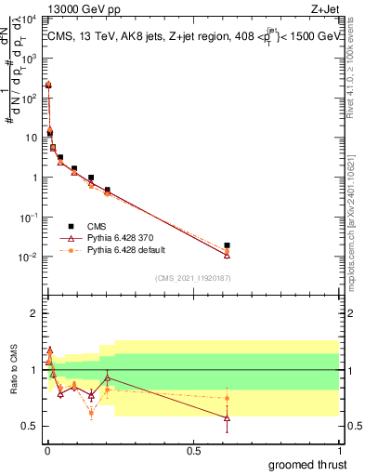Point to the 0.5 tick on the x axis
[192, 449]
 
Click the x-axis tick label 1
[339, 449]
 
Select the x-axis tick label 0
[46, 449]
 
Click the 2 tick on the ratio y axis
[33, 313]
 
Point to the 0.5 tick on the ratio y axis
[31, 426]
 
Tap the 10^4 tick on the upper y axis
[30, 18]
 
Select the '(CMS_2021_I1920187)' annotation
[192, 278]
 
